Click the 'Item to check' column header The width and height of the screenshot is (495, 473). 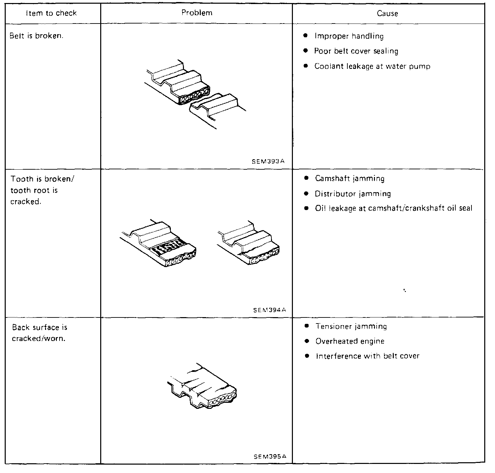tap(51, 13)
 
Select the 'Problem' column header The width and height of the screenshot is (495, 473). tap(197, 13)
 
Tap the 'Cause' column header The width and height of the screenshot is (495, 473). tap(387, 14)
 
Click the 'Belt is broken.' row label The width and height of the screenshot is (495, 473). tap(36, 36)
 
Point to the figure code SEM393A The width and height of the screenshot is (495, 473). tap(268, 161)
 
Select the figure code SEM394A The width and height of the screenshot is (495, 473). tap(269, 310)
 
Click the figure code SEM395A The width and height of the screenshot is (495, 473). tap(270, 457)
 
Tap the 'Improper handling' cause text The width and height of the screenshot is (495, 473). tap(349, 36)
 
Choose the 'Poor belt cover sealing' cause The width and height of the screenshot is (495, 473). tap(356, 51)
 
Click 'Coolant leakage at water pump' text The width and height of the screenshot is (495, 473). tap(372, 66)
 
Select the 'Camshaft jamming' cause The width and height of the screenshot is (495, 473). tap(350, 178)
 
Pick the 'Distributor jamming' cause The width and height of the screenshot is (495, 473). tap(353, 194)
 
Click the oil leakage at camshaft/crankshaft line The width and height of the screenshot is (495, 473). tap(393, 208)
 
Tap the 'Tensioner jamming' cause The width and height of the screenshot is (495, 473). tap(351, 326)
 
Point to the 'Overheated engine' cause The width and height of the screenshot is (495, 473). tap(350, 341)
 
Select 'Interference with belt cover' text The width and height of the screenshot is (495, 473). tap(368, 356)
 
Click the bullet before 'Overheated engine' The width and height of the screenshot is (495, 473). tap(307, 341)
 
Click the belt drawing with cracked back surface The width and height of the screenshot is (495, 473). tap(202, 386)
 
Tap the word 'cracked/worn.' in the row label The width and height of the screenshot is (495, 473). tap(38, 339)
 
